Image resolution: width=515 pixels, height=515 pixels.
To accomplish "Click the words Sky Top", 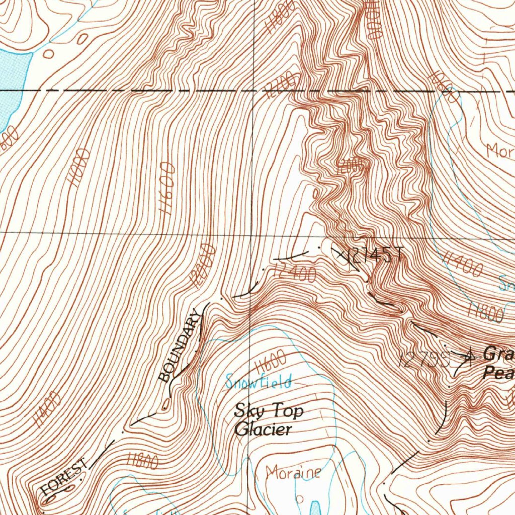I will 269,411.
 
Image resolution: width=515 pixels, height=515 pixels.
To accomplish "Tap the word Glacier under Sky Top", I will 263,430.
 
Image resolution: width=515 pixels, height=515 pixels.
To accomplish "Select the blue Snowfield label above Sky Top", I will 259,382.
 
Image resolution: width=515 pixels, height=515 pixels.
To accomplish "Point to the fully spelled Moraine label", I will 293,472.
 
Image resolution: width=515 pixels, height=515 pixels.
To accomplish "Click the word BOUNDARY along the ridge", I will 180,346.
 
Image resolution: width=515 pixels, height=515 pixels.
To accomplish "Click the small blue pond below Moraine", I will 315,507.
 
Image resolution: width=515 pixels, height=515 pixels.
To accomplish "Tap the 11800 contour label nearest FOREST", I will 142,460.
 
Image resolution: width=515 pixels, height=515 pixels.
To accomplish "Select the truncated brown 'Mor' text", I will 500,150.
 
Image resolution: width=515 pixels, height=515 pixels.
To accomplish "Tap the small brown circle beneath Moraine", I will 300,499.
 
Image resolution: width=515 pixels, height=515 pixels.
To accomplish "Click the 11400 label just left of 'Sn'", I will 462,265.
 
